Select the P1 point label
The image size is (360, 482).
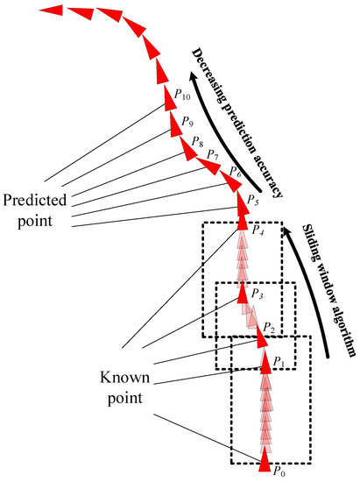(x=279, y=361)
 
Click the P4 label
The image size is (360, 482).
(x=258, y=231)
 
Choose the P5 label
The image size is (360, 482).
(x=253, y=201)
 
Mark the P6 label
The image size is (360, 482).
(x=235, y=170)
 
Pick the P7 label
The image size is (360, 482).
(x=212, y=155)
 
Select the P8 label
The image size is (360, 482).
(x=197, y=142)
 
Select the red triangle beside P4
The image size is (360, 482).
(x=244, y=220)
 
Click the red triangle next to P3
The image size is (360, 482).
(x=244, y=290)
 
